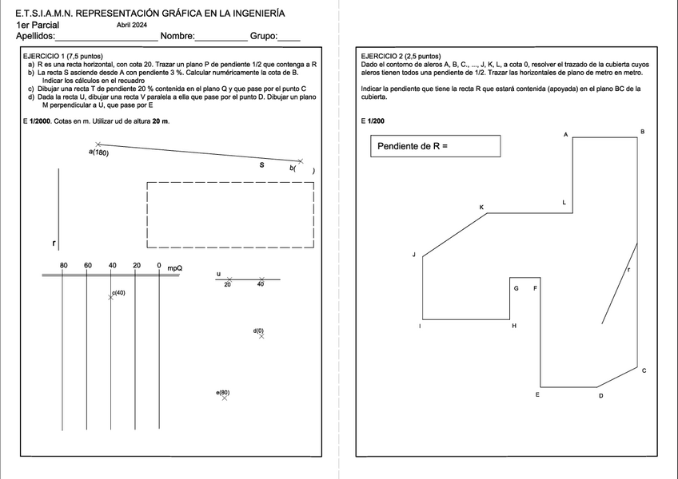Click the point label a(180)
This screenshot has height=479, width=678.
click(x=99, y=152)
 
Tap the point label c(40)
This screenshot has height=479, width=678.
click(x=118, y=293)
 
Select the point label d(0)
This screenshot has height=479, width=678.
click(x=258, y=330)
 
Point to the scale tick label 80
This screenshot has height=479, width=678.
click(x=64, y=265)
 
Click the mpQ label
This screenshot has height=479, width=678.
click(x=175, y=268)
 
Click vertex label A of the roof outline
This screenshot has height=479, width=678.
click(x=565, y=135)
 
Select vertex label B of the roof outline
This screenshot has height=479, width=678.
click(x=643, y=131)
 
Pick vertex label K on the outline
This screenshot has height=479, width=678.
click(x=481, y=208)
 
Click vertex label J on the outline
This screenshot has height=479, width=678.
click(x=414, y=255)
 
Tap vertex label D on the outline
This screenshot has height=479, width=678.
click(x=600, y=395)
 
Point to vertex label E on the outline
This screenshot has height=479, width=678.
click(x=537, y=394)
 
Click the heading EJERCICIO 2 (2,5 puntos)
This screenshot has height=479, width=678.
click(x=401, y=57)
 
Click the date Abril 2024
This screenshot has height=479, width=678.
click(x=138, y=26)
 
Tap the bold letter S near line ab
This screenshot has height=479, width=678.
click(x=261, y=166)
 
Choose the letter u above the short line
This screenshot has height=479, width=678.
click(x=218, y=274)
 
